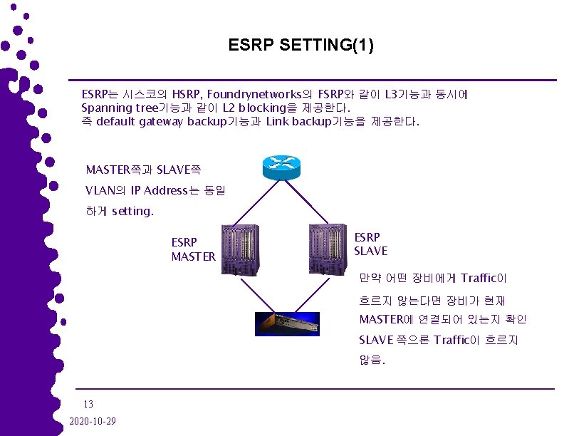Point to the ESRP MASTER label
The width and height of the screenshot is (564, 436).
193,249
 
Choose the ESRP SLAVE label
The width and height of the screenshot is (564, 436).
371,244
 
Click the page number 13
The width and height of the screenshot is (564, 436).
88,404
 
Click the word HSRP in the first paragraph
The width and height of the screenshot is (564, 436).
186,94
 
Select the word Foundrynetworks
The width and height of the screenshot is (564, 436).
256,94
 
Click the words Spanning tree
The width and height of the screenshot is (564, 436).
117,108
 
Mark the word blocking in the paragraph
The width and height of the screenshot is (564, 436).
263,108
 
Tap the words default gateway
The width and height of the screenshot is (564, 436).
140,121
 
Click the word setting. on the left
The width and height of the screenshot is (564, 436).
132,211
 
